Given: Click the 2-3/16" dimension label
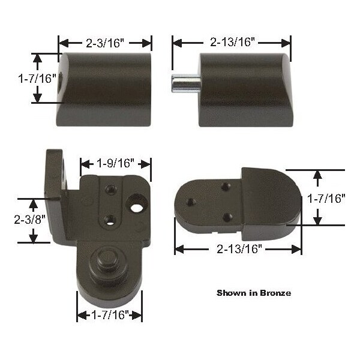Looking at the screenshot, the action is point(105,43).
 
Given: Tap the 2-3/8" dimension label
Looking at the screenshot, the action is point(29,219).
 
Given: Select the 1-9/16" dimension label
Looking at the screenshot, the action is point(115,163).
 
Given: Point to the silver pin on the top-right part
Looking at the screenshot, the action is point(185,83).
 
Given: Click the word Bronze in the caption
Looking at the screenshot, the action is point(275,293).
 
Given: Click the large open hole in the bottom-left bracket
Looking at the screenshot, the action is point(136,208).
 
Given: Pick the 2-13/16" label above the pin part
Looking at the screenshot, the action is point(232,42).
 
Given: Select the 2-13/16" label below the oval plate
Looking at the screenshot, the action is point(239,248).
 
